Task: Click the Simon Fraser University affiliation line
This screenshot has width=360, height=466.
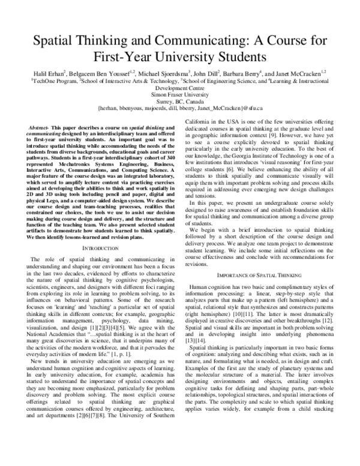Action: pos(180,94)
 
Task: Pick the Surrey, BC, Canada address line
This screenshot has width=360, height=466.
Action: pos(180,101)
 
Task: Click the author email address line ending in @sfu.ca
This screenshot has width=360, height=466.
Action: pos(180,109)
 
